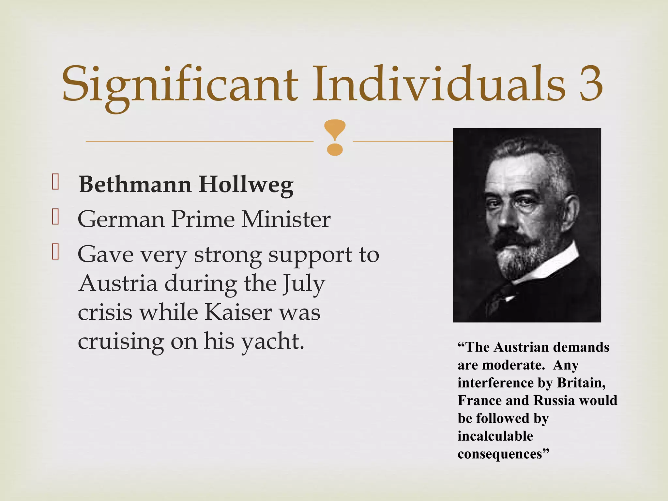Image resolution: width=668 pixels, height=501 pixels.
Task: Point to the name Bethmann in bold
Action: point(135,185)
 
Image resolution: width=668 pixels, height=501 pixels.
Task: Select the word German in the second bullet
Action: point(121,220)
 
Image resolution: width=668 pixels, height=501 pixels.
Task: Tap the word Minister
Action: point(286,219)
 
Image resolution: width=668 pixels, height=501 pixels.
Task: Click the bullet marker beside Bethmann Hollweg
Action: point(55,182)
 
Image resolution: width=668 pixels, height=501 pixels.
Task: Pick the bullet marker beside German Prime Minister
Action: point(55,217)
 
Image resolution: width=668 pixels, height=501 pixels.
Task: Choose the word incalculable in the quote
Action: point(495,436)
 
